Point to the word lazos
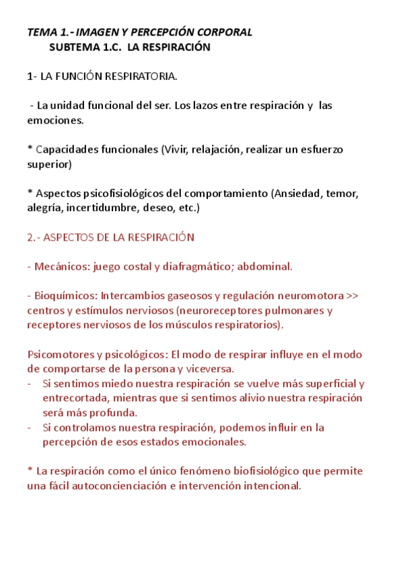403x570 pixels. coord(197,106)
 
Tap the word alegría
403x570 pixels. coord(44,208)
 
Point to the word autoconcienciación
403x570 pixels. coord(124,485)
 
